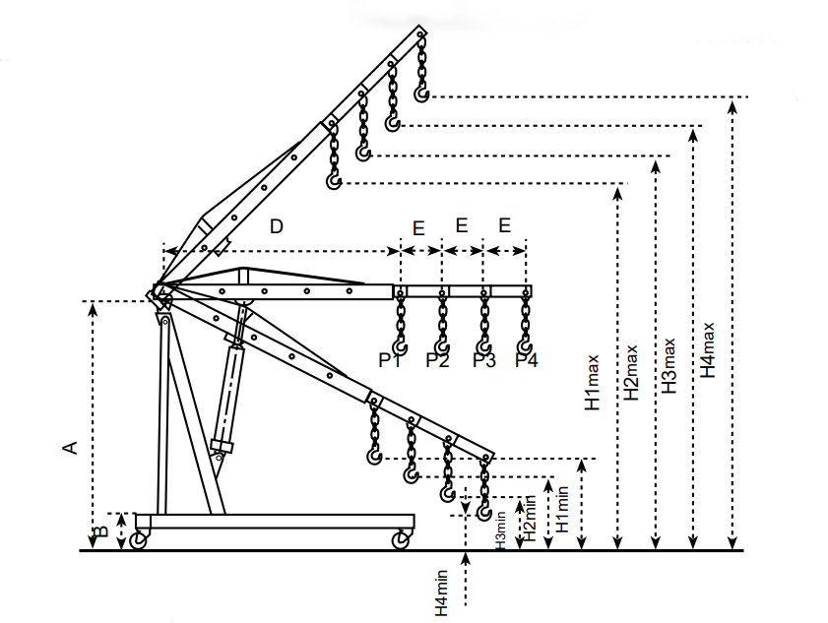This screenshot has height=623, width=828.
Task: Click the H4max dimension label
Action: (707, 350)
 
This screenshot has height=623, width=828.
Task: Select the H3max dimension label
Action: (669, 366)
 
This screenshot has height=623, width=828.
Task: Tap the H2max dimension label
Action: (630, 373)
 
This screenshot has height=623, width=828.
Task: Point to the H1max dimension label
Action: (592, 383)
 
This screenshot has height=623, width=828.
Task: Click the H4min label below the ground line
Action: (441, 592)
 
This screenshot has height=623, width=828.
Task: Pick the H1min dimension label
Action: (562, 510)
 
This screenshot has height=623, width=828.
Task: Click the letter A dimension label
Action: (70, 448)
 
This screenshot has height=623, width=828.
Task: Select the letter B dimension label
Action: (102, 531)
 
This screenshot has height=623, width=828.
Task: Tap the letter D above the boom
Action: (277, 226)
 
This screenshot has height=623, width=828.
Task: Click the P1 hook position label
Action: (390, 360)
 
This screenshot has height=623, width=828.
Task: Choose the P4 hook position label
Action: (527, 360)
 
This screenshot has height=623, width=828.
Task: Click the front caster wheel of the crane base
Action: (401, 539)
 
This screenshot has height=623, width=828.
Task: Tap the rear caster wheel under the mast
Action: (139, 539)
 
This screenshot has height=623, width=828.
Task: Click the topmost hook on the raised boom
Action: (421, 93)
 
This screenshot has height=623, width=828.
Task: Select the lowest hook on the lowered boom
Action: (484, 512)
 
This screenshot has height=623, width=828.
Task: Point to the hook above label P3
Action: (484, 346)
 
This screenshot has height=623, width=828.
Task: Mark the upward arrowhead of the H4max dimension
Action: (732, 107)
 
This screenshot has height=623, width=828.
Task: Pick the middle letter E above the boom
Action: (462, 225)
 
